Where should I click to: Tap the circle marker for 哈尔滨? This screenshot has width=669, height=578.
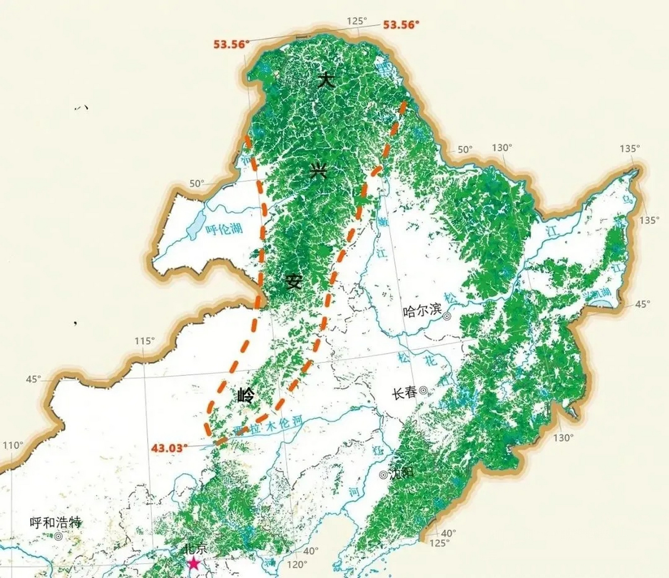(x=447, y=317)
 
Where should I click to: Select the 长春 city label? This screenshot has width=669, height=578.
(x=404, y=393)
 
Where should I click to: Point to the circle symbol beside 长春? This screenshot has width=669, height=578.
(x=424, y=391)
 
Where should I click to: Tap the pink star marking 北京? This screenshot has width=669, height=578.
(x=194, y=563)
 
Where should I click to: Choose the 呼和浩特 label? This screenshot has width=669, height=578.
(x=56, y=522)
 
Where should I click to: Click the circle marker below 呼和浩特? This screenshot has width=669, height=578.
(x=58, y=536)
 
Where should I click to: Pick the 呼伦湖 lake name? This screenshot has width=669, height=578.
(x=224, y=229)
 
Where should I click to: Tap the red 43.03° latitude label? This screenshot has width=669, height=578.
(x=170, y=448)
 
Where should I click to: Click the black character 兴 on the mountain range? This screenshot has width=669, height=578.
(x=318, y=171)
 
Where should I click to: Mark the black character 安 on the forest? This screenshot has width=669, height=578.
(x=293, y=282)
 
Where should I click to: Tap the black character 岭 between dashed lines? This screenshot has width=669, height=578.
(x=246, y=396)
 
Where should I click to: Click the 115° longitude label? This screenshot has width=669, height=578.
(x=145, y=341)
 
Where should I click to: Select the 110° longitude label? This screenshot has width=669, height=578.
(x=13, y=446)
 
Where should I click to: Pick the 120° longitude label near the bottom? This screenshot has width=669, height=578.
(x=297, y=564)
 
